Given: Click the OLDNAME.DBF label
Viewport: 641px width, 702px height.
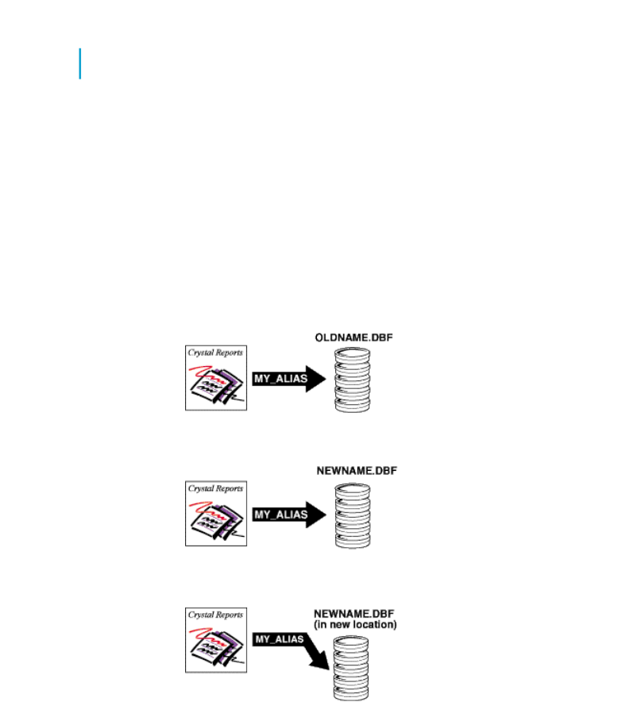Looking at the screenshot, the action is [x=354, y=337].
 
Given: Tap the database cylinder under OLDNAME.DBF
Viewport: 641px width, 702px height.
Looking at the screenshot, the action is [x=353, y=380].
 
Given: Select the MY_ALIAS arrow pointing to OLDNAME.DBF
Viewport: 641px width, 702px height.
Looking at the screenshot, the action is [x=289, y=379].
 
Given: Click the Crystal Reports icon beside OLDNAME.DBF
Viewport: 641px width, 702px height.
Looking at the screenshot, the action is [x=216, y=378].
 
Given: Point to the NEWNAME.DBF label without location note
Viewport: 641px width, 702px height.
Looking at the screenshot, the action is [x=357, y=471].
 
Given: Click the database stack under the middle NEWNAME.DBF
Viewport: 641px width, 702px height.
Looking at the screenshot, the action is [x=353, y=515].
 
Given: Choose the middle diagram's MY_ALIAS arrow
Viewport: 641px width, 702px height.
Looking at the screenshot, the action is [x=289, y=515].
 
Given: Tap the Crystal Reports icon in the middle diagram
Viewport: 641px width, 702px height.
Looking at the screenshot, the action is [x=216, y=514].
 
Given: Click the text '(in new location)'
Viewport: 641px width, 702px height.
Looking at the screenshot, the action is [x=355, y=624].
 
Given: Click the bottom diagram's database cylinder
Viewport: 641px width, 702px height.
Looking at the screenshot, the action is [x=351, y=669].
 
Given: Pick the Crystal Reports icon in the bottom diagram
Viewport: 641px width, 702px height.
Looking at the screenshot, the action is [x=216, y=640].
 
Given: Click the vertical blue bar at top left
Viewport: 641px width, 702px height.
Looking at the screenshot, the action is [x=79, y=64].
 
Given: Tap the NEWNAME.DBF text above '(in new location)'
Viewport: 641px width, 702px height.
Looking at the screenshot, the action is [x=354, y=614].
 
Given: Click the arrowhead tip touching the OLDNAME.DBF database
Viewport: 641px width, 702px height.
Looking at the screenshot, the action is [x=326, y=379].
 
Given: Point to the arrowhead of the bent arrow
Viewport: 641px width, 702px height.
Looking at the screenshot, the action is [x=322, y=662].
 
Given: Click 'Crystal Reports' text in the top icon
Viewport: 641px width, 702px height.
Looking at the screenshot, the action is [x=215, y=353].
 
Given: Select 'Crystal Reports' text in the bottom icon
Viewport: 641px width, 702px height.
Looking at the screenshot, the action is [x=215, y=615].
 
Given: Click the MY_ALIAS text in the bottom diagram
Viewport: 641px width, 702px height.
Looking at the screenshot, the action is [x=280, y=639].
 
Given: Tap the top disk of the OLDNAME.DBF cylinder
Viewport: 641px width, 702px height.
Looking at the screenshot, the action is [x=353, y=353].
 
